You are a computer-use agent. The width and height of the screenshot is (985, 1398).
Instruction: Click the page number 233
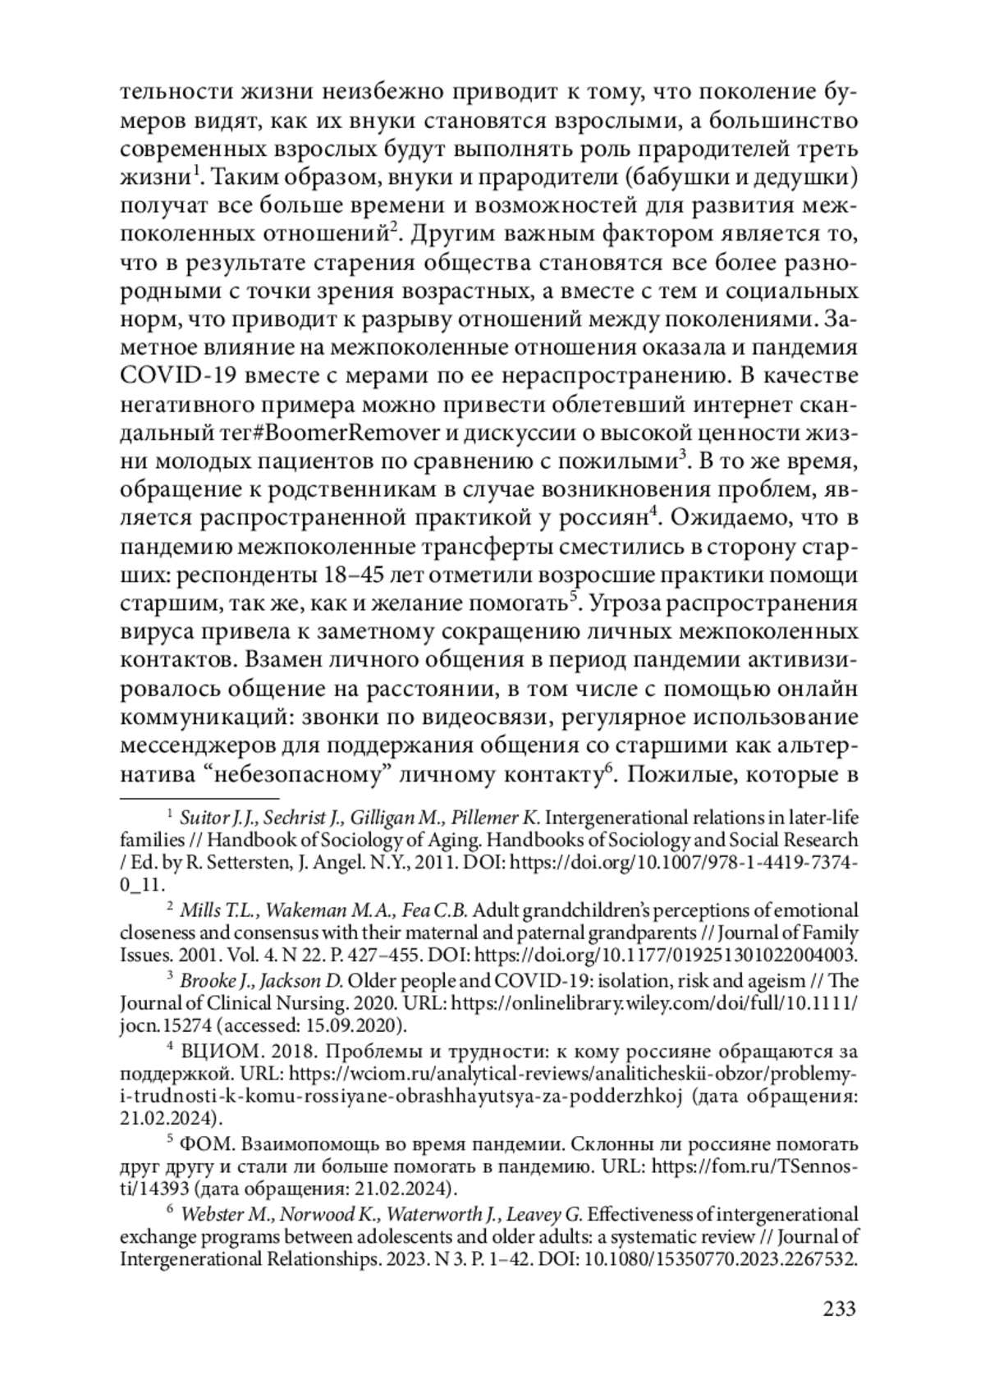pos(839,1308)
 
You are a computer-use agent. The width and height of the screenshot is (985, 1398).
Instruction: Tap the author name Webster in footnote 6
pos(211,1214)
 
